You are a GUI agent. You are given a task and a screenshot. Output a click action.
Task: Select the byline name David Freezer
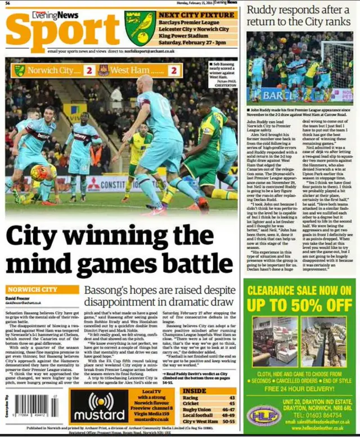[x=18, y=299]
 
